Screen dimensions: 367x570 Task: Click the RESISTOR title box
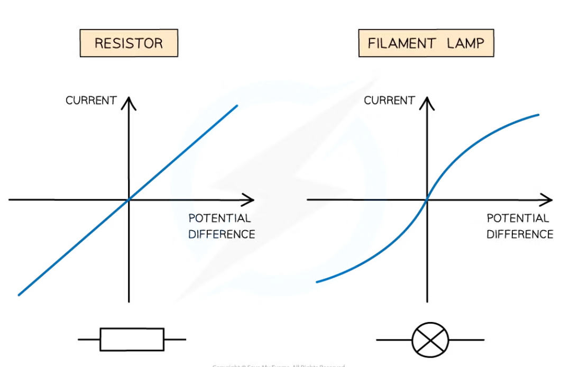(x=128, y=43)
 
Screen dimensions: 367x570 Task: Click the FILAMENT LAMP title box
(x=426, y=43)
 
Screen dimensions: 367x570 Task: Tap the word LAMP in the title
(x=465, y=43)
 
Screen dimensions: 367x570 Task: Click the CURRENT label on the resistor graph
(x=91, y=100)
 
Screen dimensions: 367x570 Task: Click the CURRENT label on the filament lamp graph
(x=389, y=100)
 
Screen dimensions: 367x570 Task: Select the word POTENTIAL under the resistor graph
(x=219, y=218)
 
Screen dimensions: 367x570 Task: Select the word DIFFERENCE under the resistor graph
(x=222, y=234)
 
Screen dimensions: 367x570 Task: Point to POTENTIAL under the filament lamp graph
(x=518, y=218)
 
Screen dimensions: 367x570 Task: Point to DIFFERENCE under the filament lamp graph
(x=520, y=234)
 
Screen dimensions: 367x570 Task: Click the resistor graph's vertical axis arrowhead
(x=128, y=102)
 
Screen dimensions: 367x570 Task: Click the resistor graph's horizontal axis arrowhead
(x=250, y=200)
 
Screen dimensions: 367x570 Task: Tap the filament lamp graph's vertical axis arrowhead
(x=427, y=102)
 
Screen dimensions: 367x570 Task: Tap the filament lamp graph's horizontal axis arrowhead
(x=548, y=200)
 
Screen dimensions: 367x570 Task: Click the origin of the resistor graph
(x=128, y=200)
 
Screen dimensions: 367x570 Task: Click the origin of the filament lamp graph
(x=427, y=200)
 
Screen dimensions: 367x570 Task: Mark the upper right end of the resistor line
(x=237, y=106)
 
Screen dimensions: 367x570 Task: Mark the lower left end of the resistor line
(x=19, y=295)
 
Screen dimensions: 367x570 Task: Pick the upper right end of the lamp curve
(x=538, y=114)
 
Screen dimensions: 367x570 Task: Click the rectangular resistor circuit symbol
(x=132, y=339)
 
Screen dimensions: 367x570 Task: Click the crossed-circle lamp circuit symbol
(x=430, y=339)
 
